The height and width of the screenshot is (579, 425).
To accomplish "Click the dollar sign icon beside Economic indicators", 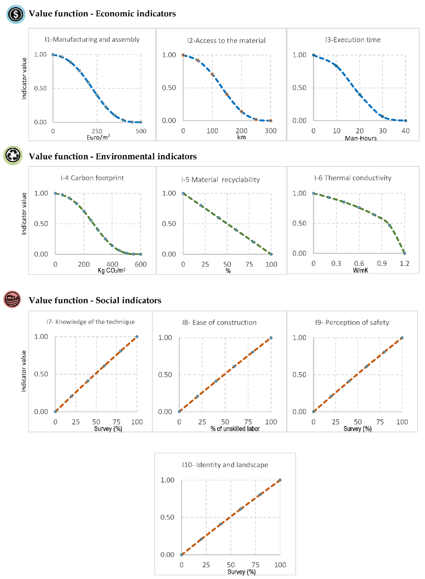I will (15, 14).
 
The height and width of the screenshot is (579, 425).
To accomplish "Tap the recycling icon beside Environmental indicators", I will (13, 155).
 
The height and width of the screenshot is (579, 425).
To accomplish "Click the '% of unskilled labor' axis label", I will (235, 429).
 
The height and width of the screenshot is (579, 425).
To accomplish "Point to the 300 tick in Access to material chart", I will (271, 131).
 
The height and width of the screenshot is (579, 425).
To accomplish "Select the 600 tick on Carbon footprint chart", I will (140, 264).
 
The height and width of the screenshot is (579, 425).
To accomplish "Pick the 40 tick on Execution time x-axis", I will (405, 131).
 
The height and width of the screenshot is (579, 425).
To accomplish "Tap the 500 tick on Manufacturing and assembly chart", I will (141, 131).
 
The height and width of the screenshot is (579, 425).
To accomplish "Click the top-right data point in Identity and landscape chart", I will (280, 480).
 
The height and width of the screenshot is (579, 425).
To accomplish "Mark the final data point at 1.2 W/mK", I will (404, 253).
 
